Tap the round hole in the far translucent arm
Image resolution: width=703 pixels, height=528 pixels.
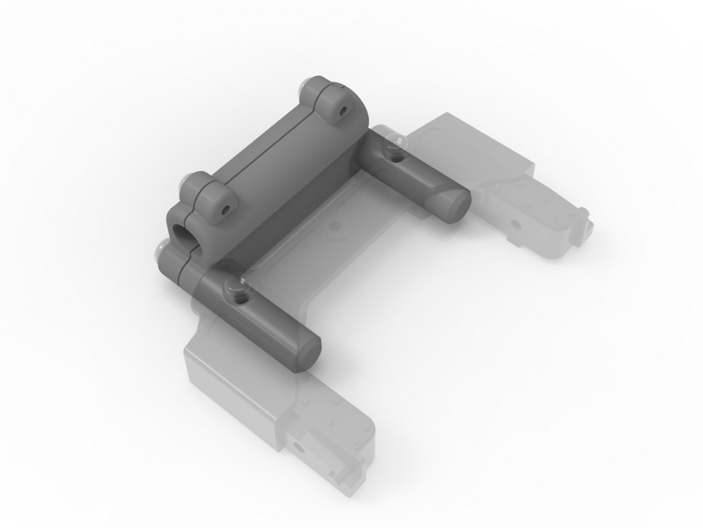516,225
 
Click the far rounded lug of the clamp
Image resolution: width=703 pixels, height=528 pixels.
335,104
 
